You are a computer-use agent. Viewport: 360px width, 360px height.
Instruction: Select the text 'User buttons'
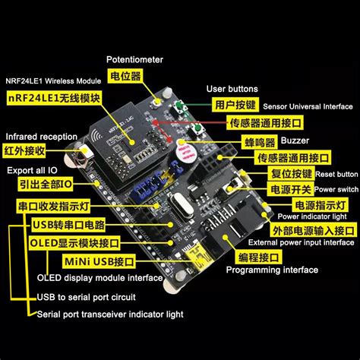[x=232, y=89]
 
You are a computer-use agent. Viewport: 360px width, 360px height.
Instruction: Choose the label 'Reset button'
[x=336, y=174]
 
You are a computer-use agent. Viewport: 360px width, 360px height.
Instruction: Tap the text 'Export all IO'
[x=31, y=171]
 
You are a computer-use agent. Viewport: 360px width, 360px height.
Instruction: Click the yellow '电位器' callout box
[x=125, y=77]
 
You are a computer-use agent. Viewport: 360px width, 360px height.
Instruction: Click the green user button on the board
[x=182, y=108]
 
